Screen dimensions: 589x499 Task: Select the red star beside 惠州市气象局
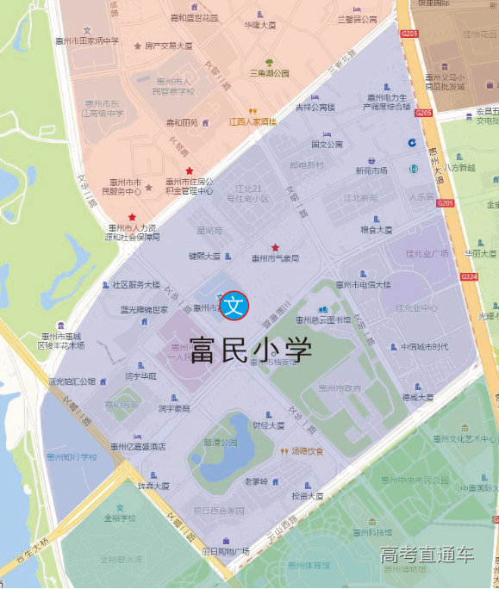(x=276, y=247)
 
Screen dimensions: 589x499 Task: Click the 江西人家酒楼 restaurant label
(x=252, y=121)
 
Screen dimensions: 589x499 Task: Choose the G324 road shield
(x=470, y=276)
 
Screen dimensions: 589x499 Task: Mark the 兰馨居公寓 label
(x=358, y=19)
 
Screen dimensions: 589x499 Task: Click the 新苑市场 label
(x=371, y=170)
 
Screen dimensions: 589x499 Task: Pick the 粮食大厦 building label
(x=376, y=230)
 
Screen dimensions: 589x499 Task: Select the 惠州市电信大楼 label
(x=363, y=284)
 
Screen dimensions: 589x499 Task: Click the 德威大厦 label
(x=418, y=397)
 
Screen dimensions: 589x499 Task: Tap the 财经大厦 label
(x=268, y=425)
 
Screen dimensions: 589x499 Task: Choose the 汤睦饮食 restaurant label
(x=306, y=450)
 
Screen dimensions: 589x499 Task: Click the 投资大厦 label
(x=307, y=496)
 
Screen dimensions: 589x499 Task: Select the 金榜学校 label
(x=120, y=518)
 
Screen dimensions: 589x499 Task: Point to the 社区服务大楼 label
(x=135, y=284)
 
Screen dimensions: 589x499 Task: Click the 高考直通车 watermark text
(x=427, y=555)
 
